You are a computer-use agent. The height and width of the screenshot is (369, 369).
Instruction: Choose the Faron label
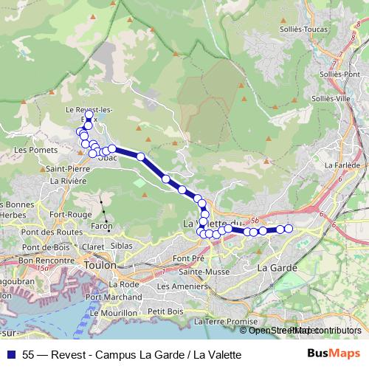(102, 227)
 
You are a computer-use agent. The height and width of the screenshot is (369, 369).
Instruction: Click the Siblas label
(121, 245)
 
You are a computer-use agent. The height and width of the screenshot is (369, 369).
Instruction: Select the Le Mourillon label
(112, 313)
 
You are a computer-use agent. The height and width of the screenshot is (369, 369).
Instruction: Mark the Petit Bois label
(165, 311)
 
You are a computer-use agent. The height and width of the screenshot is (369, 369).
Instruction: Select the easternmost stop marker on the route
(289, 229)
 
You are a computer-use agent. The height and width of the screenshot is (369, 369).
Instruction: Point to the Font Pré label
(188, 258)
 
